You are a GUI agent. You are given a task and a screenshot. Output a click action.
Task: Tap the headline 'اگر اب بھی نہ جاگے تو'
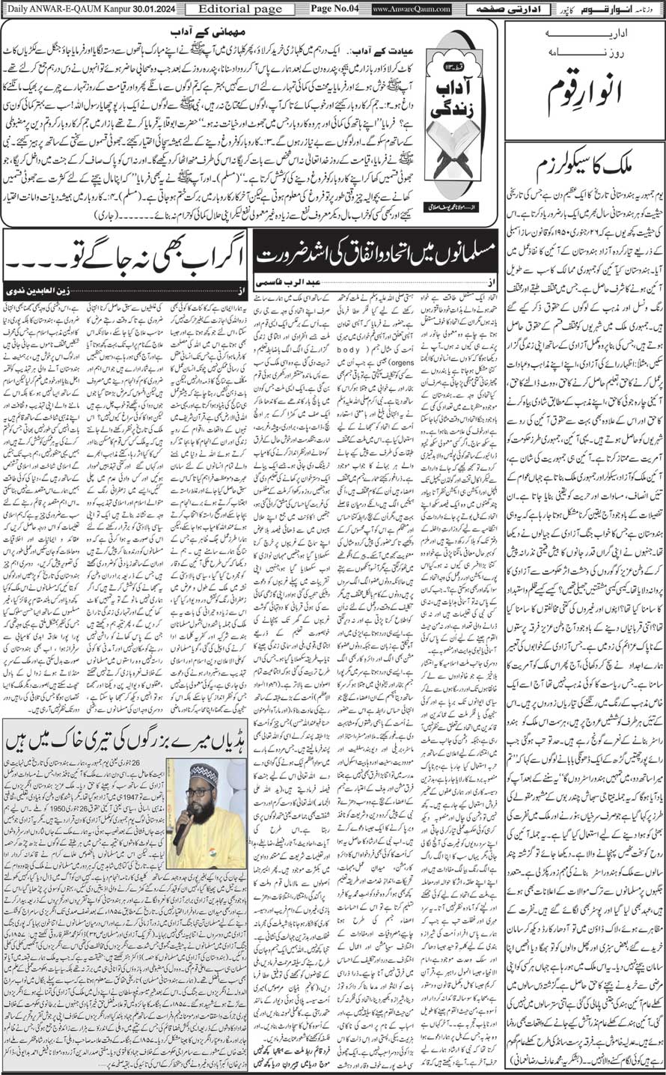point(124,258)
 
